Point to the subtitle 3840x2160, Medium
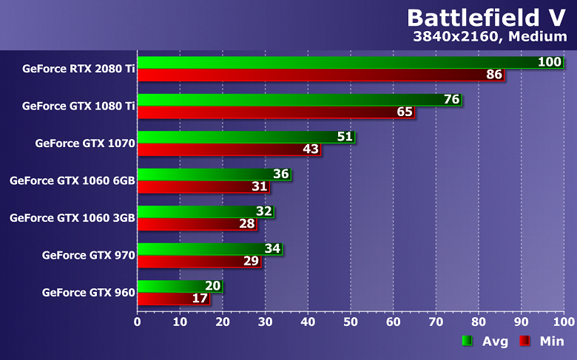click(x=493, y=38)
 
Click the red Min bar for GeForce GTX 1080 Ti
click(x=274, y=112)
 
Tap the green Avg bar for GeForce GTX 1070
click(x=244, y=137)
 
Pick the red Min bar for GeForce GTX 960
click(x=173, y=299)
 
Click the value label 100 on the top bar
click(x=550, y=62)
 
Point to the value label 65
click(x=405, y=112)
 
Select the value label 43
click(x=311, y=149)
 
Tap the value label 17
click(x=200, y=299)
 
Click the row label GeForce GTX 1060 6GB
click(x=72, y=180)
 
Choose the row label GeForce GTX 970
click(x=88, y=255)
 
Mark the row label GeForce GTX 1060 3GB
click(x=72, y=217)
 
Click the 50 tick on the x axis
click(x=351, y=322)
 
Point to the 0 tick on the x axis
click(x=138, y=322)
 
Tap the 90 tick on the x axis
click(x=522, y=322)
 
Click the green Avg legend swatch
click(x=467, y=341)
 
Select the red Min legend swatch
click(x=524, y=341)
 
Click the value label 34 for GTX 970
click(x=272, y=248)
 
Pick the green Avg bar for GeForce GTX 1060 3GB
click(x=200, y=211)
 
